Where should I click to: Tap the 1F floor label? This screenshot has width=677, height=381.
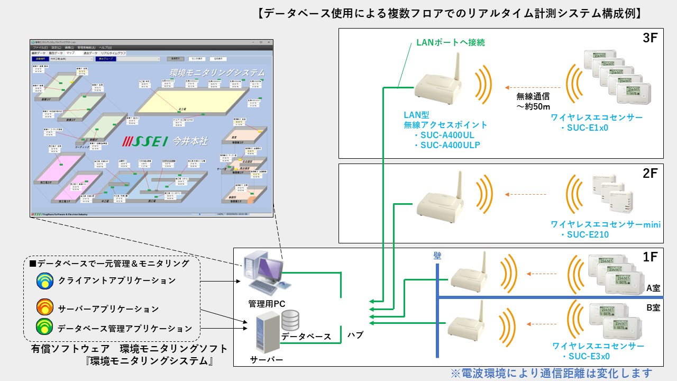[x=650, y=257]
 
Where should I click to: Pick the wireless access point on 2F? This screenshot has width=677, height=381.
[x=442, y=198]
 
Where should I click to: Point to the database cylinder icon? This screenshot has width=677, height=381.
[x=291, y=320]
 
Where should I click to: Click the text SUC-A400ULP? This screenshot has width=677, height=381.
[x=450, y=144]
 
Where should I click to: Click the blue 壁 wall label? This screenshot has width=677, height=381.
[x=437, y=256]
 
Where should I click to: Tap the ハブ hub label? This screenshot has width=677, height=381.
[x=355, y=335]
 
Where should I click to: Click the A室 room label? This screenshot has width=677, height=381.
[x=653, y=289]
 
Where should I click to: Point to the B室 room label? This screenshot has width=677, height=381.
[x=653, y=307]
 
